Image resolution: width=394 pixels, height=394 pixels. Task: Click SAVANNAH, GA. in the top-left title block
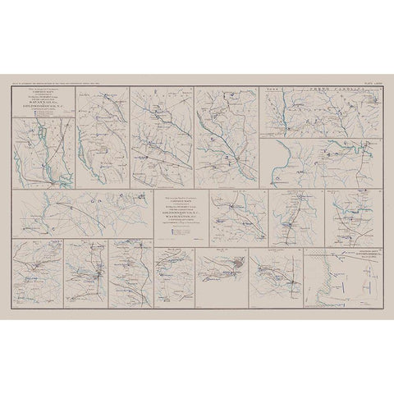(43, 103)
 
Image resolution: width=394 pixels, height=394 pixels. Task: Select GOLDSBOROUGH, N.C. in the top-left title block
(43, 107)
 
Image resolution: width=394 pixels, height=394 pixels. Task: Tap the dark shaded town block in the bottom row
(237, 263)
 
